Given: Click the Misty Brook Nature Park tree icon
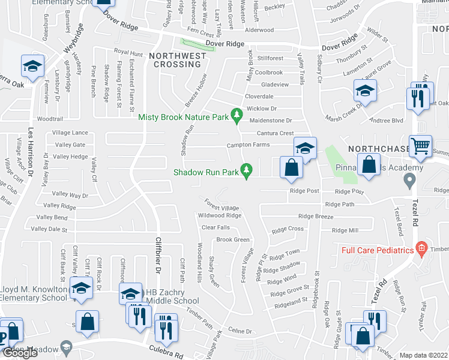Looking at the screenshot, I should (238, 113).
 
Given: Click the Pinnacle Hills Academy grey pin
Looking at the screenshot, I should (410, 179).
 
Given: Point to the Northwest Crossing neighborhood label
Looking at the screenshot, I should (178, 61).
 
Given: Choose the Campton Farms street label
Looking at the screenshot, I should (248, 145).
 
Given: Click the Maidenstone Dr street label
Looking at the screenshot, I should (270, 121).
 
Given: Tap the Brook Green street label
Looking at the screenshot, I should (233, 239).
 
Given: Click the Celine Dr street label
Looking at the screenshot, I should (239, 331).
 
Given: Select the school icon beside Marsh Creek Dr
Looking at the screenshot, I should (364, 91).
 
